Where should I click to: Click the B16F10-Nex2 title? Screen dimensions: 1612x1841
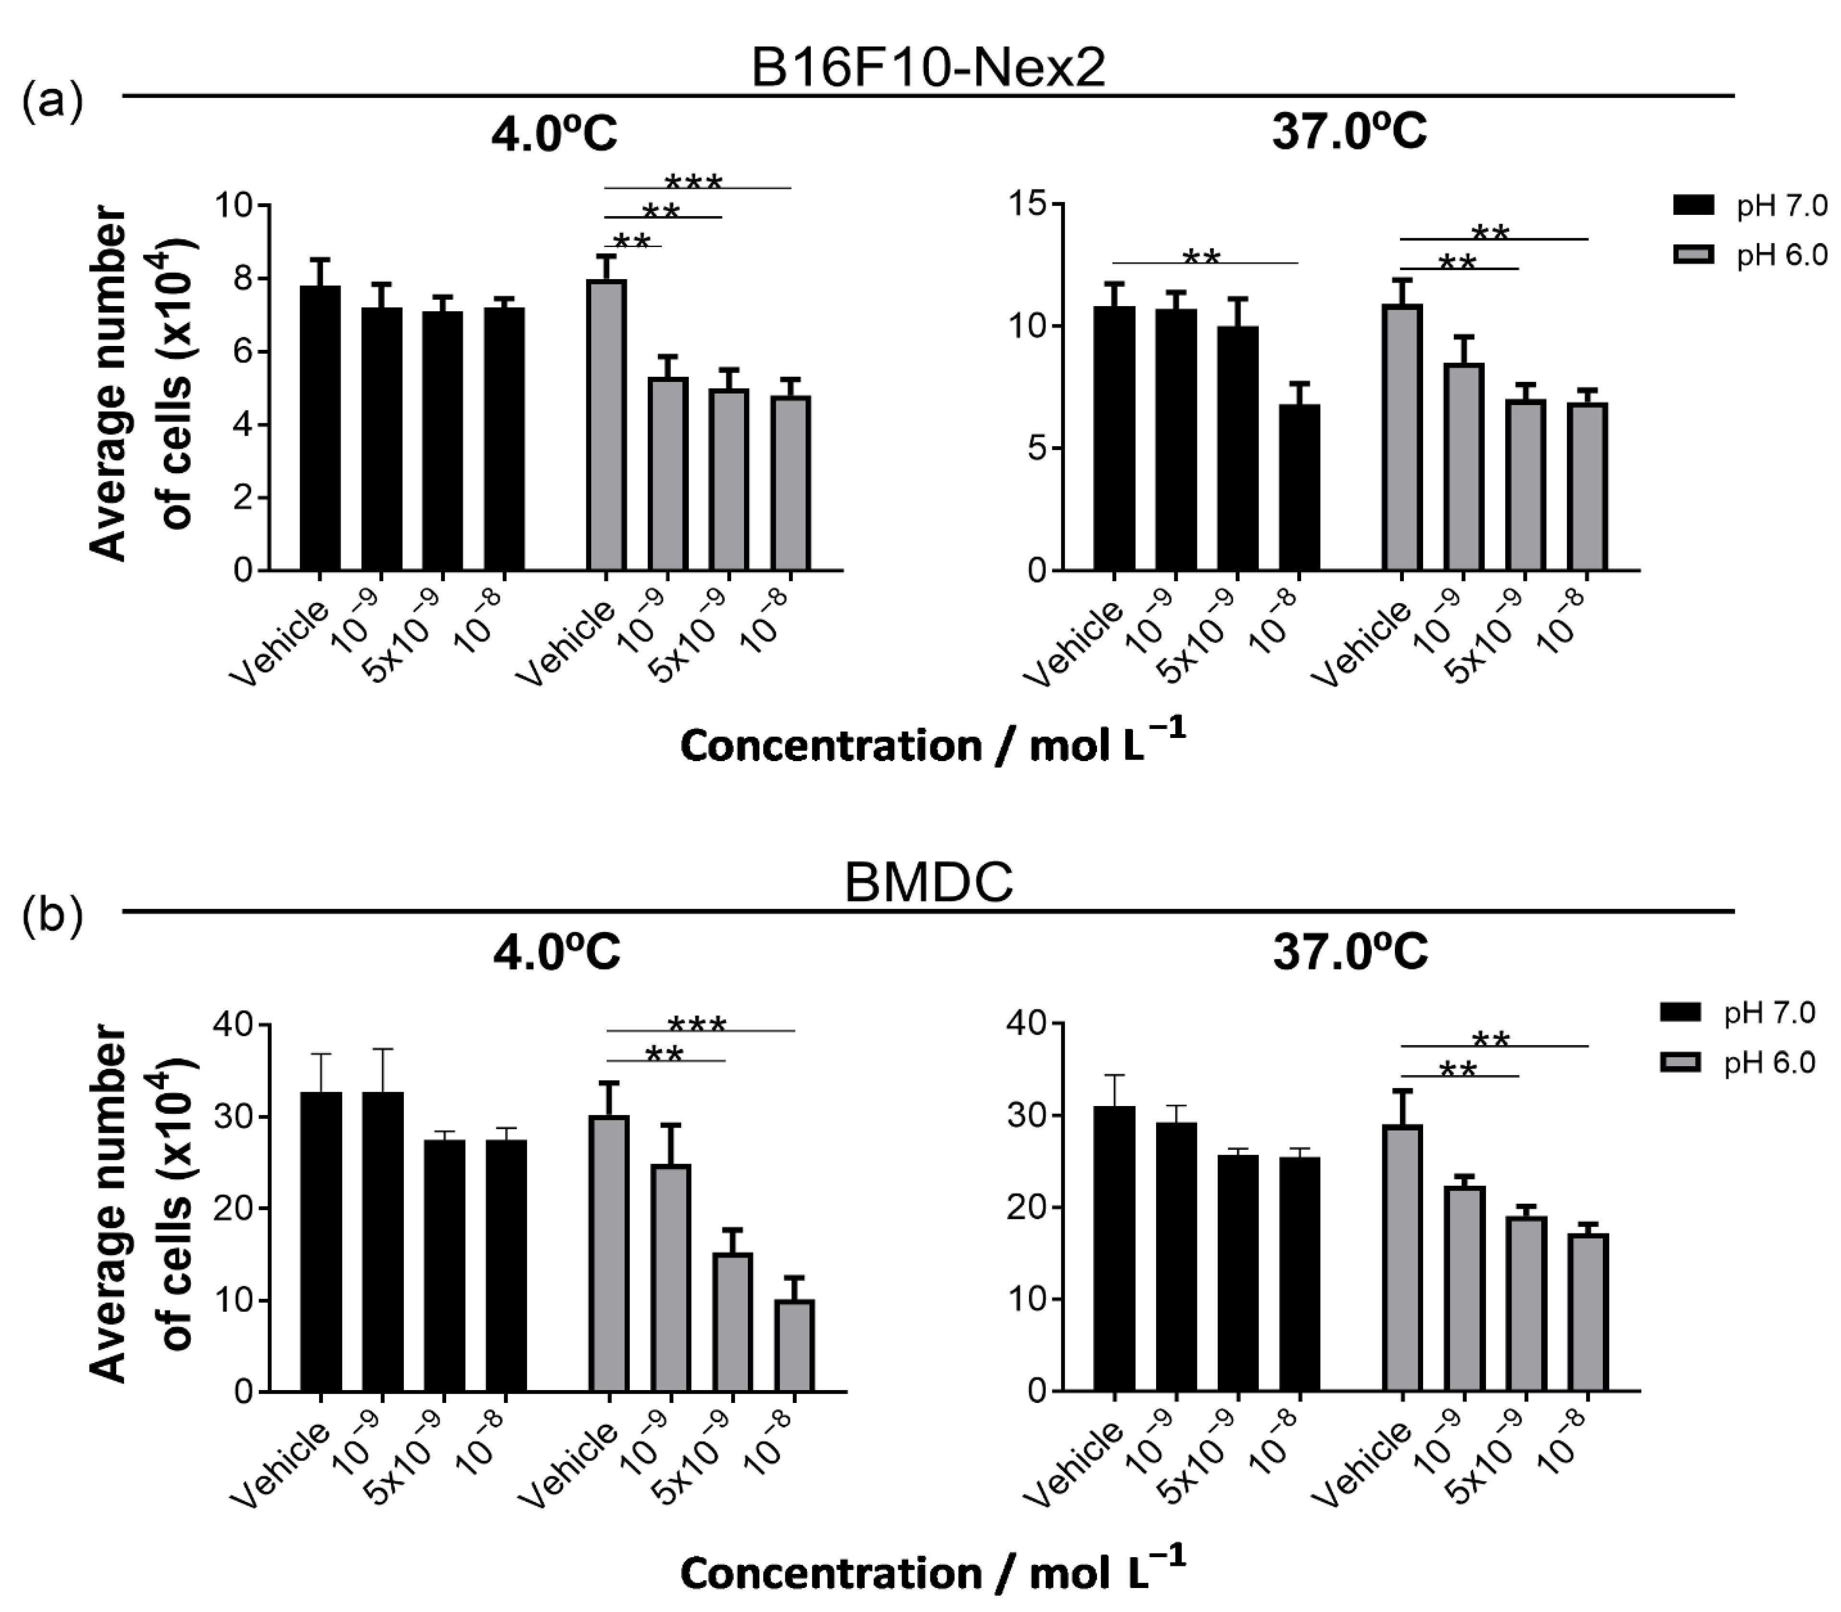pos(927,67)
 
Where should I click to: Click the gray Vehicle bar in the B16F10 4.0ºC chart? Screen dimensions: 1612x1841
pos(606,425)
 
